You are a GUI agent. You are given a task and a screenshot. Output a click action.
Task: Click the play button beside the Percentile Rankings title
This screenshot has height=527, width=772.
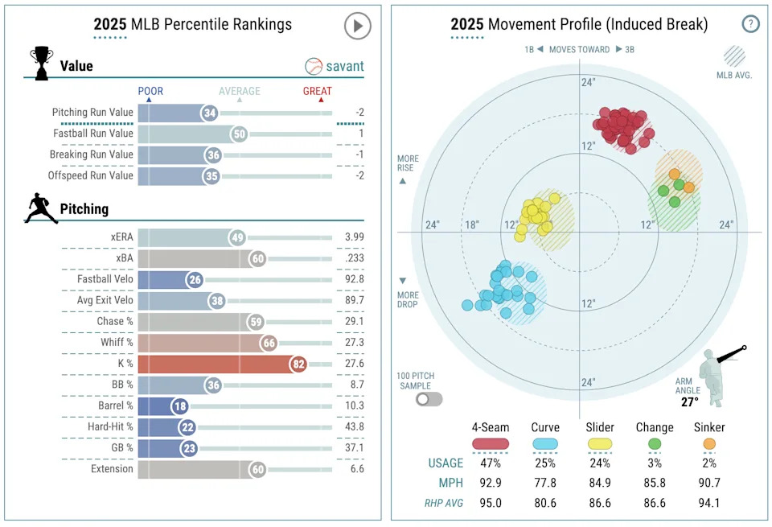point(357,26)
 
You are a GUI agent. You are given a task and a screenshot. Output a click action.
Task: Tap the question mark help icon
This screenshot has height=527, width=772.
point(750,24)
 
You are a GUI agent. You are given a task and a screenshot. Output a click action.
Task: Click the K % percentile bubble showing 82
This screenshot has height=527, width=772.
point(299,364)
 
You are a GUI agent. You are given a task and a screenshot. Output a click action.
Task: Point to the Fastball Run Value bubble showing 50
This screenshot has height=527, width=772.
point(238,134)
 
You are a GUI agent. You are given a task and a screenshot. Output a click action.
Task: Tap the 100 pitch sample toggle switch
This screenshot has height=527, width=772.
point(429,398)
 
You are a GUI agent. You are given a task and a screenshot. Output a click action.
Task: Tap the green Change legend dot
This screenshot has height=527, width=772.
point(654,443)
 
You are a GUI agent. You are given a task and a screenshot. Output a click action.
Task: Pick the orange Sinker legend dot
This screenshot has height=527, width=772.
point(708,443)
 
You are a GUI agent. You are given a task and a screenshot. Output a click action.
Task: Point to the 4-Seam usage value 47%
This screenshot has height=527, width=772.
point(491,463)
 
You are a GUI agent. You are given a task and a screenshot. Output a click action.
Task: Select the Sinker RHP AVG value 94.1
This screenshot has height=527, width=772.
point(708,504)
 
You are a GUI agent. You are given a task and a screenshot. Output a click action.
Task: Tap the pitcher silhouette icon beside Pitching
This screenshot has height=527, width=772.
point(40,208)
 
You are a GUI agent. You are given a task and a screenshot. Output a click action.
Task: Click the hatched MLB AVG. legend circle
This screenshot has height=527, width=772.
point(734,56)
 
